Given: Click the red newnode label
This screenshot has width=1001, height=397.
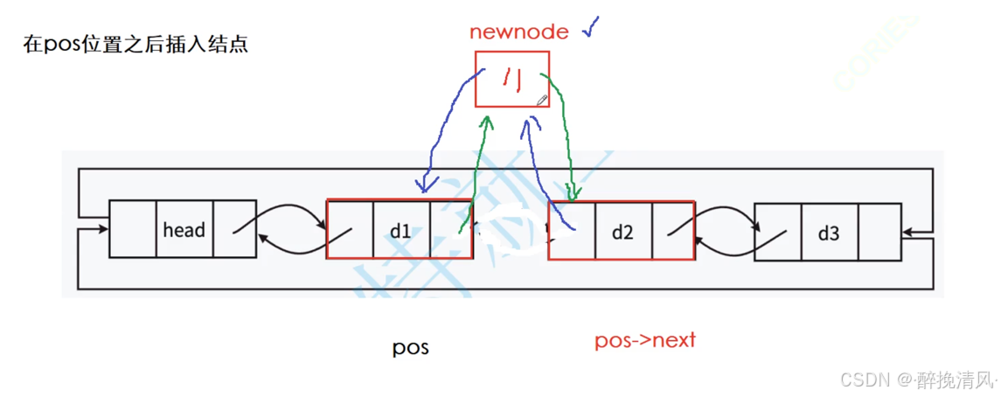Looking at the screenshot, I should click(x=519, y=32).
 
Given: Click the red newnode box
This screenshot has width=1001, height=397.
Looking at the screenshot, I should click(x=512, y=79).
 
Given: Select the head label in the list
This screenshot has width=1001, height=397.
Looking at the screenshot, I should click(x=184, y=230).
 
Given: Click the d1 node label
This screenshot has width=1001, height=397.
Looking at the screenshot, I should click(x=400, y=231).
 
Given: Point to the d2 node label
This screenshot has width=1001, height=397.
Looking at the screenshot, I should click(x=622, y=232).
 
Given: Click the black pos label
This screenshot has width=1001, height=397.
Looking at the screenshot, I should click(x=410, y=347).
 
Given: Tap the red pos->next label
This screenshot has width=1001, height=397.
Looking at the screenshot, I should click(x=645, y=340).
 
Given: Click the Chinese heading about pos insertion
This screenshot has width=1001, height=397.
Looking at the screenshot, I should click(x=136, y=44).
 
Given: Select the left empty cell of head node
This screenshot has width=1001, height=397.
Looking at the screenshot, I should click(x=133, y=230).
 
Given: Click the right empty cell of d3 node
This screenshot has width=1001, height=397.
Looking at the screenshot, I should click(x=879, y=232).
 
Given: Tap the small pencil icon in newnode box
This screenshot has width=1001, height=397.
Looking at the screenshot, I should click(x=542, y=101).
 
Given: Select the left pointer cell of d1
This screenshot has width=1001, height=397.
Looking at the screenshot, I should click(x=350, y=230).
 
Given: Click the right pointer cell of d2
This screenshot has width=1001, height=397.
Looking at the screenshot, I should click(x=672, y=232).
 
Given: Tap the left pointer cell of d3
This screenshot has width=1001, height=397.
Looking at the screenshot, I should click(x=777, y=232).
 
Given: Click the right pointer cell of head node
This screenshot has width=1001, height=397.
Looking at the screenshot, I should click(x=234, y=230).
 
